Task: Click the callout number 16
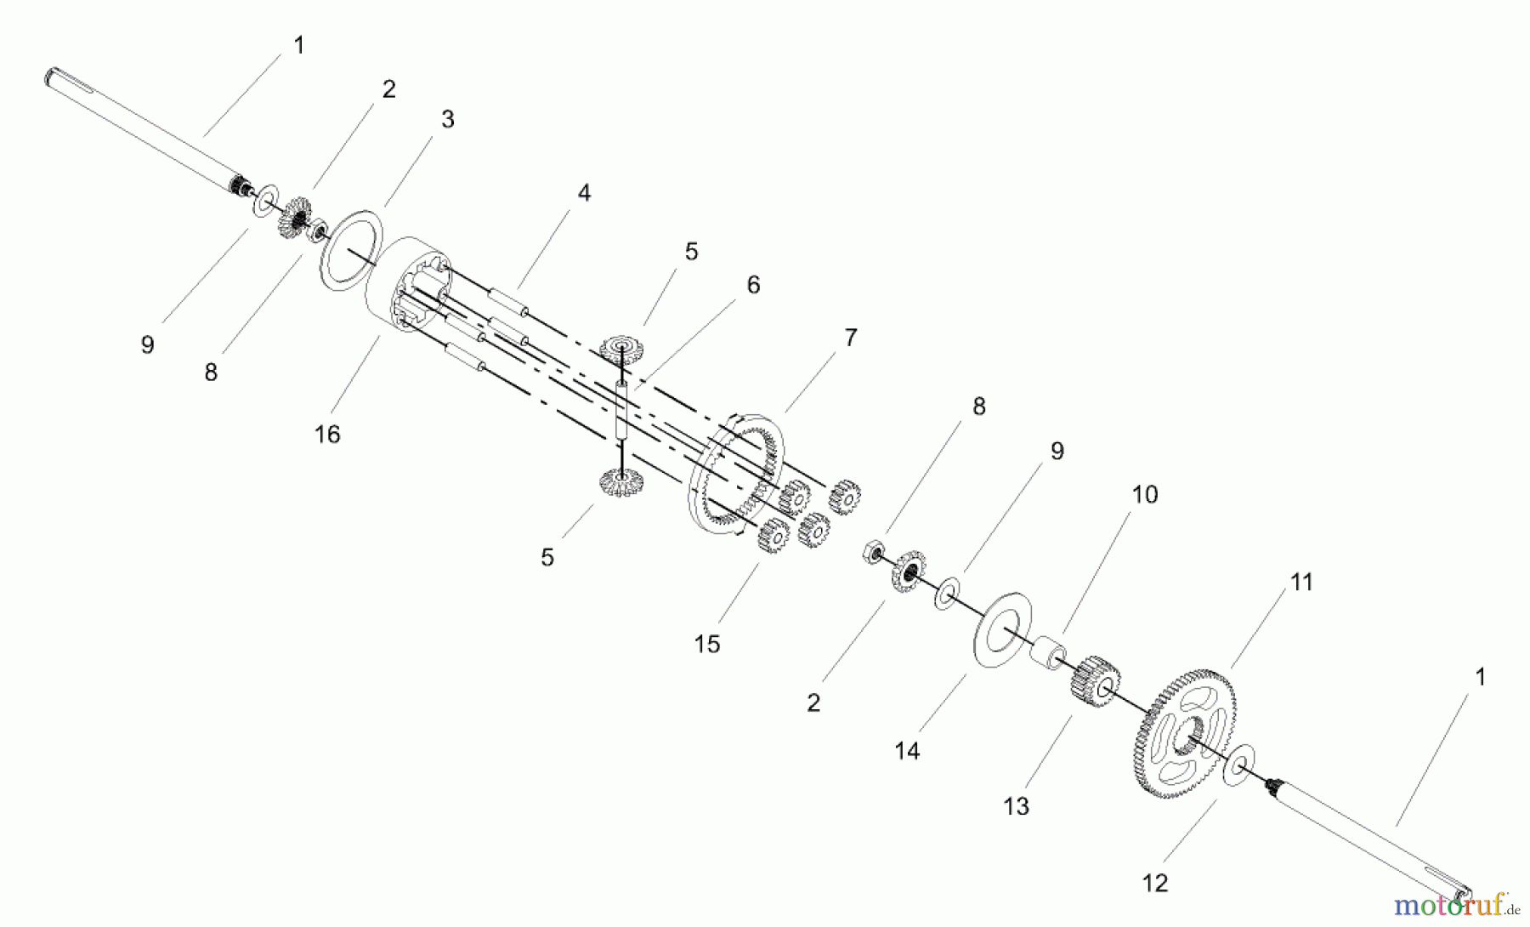(327, 435)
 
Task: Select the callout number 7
(850, 338)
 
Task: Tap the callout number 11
(1301, 583)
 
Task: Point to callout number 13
(1016, 806)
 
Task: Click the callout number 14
(907, 751)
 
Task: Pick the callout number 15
(706, 645)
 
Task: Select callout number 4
(584, 193)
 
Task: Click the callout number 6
(753, 285)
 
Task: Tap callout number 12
(1155, 884)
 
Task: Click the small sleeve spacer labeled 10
(1052, 652)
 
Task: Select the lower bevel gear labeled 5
(620, 485)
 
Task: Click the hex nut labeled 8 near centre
(873, 553)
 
